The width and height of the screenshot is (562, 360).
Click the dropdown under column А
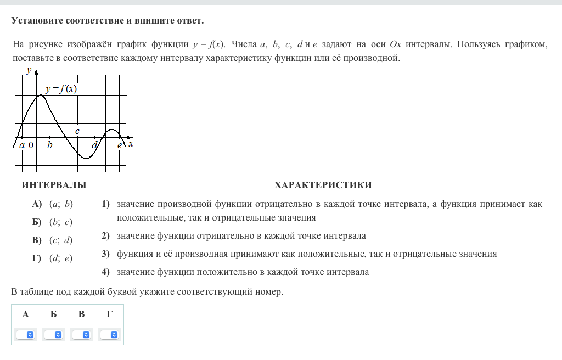[x=25, y=334]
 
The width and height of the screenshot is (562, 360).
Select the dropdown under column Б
[x=54, y=334]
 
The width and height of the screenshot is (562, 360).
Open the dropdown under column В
[x=82, y=334]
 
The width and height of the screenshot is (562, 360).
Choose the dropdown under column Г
[x=110, y=334]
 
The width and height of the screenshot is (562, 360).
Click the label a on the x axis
[x=22, y=145]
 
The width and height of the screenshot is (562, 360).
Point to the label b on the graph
[x=50, y=145]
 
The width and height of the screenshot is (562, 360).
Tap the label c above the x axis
[x=77, y=131]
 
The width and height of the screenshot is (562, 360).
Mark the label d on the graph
[x=94, y=145]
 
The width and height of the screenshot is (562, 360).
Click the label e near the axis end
[x=120, y=145]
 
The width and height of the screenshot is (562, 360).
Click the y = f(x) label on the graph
[x=61, y=89]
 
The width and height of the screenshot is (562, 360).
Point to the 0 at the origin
[x=31, y=145]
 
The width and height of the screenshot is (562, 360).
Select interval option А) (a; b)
[x=53, y=204]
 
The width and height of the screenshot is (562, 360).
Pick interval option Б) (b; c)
[x=53, y=222]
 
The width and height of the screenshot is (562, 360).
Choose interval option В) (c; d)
[x=53, y=240]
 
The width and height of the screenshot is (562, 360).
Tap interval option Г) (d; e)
[x=53, y=258]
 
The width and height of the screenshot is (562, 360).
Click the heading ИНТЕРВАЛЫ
[x=54, y=185]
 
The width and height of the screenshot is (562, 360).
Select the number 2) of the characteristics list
[x=105, y=236]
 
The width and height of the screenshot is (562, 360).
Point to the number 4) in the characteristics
[x=105, y=272]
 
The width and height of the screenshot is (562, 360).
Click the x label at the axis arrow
[x=131, y=144]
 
